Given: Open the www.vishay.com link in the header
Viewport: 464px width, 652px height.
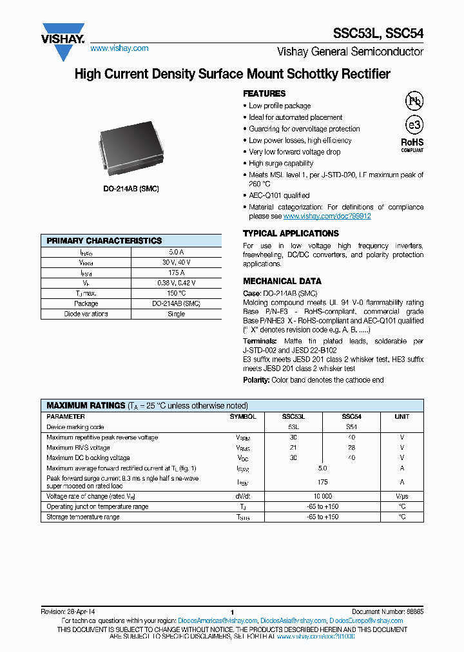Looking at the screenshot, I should click(119, 48).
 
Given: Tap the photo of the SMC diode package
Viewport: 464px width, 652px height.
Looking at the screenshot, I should click(132, 150).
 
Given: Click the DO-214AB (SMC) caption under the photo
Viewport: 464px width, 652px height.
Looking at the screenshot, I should click(131, 188).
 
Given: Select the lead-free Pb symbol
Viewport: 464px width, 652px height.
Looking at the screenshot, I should click(413, 101).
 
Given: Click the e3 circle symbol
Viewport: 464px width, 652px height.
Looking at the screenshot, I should click(412, 125).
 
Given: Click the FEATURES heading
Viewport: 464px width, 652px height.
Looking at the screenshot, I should click(264, 93).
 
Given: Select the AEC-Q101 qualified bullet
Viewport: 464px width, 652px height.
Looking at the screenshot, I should click(279, 195).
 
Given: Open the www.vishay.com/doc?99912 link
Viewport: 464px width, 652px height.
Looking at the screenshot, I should click(327, 216).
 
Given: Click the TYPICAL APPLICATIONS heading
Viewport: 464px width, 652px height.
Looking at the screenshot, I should click(291, 233).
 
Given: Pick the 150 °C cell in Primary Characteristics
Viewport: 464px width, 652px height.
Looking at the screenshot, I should click(176, 293).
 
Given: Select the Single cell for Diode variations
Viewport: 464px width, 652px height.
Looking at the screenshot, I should click(176, 314).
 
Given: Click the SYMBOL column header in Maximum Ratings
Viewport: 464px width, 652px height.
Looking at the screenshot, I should click(243, 417).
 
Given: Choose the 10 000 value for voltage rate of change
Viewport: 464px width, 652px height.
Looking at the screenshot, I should click(322, 496).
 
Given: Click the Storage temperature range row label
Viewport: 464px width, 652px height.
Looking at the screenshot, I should click(83, 517).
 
